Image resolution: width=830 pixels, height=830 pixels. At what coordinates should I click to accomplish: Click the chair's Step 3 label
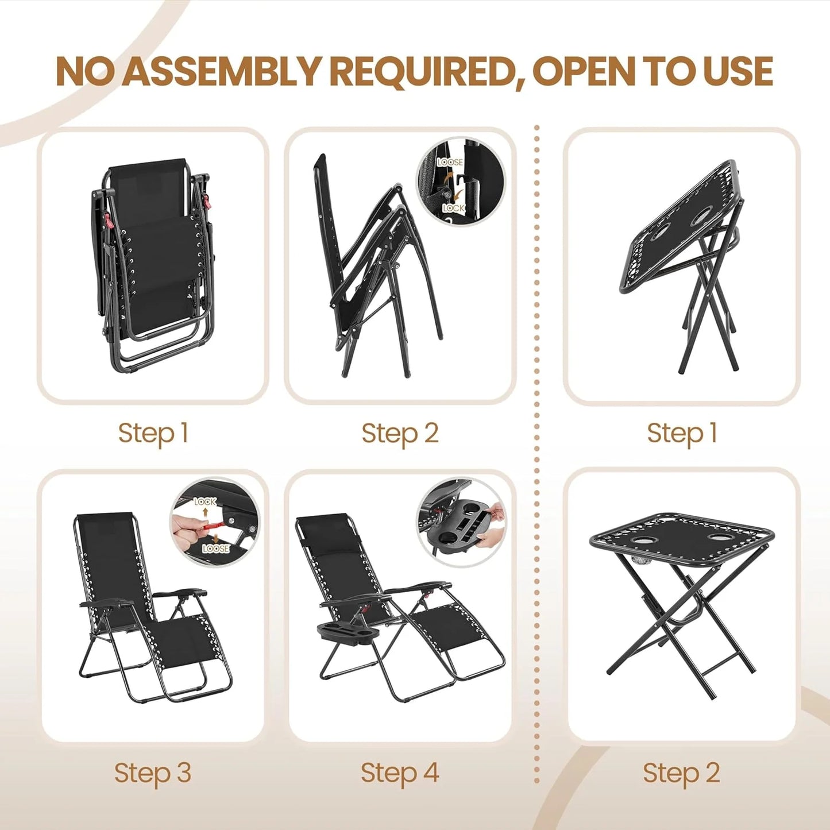[152, 773]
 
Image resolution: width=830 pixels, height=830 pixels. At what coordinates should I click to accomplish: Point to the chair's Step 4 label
[400, 773]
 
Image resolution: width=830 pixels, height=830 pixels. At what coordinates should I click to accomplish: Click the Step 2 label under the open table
[681, 773]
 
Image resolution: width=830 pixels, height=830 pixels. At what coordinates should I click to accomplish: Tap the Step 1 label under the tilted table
[682, 433]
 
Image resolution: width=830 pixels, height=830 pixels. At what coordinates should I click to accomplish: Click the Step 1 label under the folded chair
[153, 433]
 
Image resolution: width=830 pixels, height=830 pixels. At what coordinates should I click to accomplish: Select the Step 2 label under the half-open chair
[400, 433]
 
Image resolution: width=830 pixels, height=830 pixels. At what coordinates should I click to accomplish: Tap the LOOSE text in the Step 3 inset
[216, 549]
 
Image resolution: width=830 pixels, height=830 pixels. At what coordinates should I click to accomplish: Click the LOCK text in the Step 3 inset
[205, 501]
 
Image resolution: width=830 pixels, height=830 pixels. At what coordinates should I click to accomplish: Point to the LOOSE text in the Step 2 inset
[450, 163]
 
